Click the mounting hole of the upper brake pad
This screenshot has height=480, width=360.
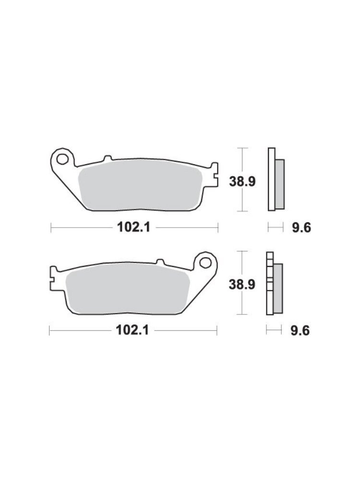click(62, 159)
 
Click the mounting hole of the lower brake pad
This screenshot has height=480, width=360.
click(206, 263)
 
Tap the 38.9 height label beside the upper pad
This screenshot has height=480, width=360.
click(242, 182)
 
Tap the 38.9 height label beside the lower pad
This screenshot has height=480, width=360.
click(242, 285)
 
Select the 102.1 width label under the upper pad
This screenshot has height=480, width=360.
click(133, 227)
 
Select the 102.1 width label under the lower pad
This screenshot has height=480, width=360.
click(132, 330)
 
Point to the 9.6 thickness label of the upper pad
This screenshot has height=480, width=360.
click(301, 228)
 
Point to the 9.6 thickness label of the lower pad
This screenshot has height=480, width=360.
click(300, 331)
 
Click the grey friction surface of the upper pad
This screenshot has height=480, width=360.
click(140, 187)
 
